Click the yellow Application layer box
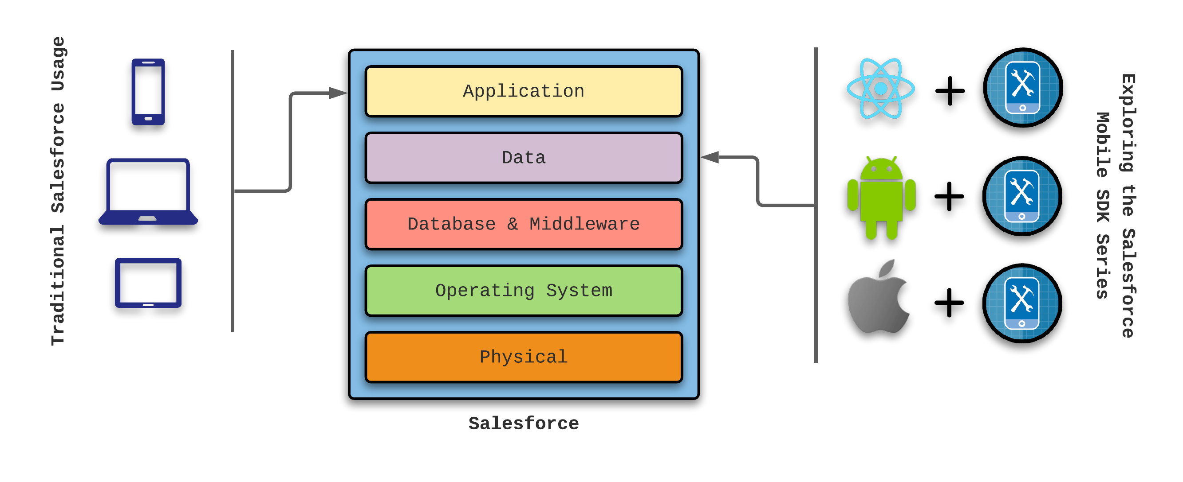pos(524,91)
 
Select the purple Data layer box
pos(524,158)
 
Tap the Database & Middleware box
pos(524,224)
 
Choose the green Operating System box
pos(524,291)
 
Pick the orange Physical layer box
pos(524,357)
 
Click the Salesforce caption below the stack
pos(524,423)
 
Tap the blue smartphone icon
pos(148,92)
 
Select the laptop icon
pos(148,192)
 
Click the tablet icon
pos(148,283)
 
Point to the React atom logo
pos(880,89)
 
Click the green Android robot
pos(881,198)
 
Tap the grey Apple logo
pos(878,298)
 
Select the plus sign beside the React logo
pos(950,91)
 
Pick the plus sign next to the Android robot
pos(949,197)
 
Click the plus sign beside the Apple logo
pos(949,303)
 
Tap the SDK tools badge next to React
pos(1022,88)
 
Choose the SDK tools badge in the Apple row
pos(1021,303)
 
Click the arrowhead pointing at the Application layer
pos(338,93)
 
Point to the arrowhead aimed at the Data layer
pos(710,157)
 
